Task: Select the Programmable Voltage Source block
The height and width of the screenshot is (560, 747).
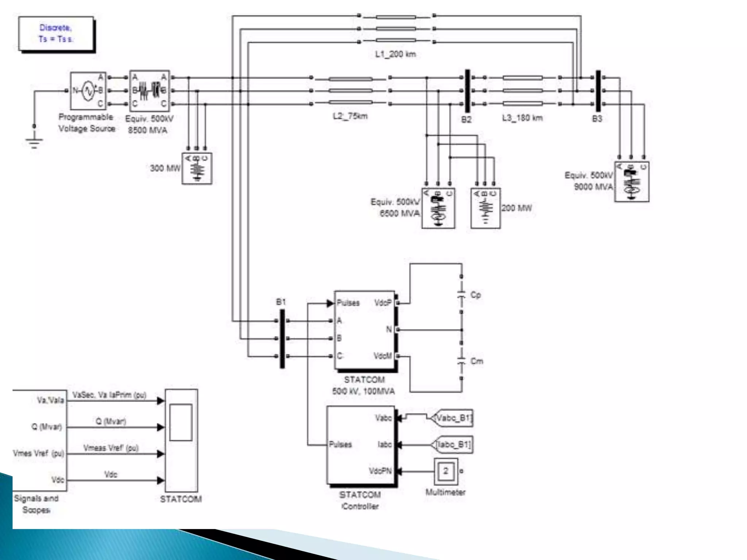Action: [88, 91]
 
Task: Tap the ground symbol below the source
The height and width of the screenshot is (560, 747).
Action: [34, 143]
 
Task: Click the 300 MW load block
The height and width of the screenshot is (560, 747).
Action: [197, 168]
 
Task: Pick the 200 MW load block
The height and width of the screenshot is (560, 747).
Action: [485, 208]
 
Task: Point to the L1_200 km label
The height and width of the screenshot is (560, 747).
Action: [395, 54]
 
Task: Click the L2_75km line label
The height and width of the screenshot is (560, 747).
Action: [350, 116]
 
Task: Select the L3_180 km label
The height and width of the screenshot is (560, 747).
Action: [522, 118]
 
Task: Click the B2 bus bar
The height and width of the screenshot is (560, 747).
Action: [467, 91]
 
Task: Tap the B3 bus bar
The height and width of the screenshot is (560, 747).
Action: [598, 91]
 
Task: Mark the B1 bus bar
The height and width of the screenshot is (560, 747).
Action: [282, 339]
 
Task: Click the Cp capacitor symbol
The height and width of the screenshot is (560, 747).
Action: [461, 295]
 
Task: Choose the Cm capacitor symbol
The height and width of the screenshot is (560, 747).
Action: [461, 361]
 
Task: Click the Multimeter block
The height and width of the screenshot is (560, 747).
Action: [445, 471]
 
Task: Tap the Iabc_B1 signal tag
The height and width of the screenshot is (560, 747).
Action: [453, 444]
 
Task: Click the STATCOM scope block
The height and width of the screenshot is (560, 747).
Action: [181, 440]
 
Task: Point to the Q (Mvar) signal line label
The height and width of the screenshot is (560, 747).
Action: [111, 421]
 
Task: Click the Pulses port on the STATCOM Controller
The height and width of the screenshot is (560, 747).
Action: [340, 444]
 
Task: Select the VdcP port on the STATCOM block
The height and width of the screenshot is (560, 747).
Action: [383, 303]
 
